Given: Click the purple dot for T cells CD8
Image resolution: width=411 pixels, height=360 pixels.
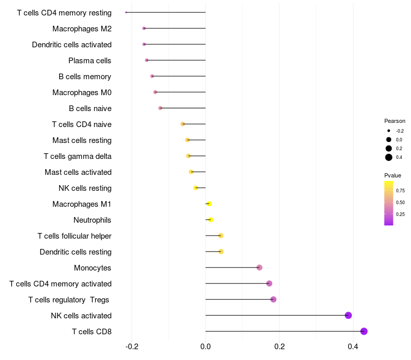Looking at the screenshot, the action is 364,331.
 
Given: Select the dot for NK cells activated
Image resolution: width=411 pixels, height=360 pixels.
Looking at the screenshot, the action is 348,315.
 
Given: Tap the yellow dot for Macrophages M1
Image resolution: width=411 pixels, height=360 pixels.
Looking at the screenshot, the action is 209,204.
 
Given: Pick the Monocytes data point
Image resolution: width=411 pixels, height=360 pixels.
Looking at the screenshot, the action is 259,267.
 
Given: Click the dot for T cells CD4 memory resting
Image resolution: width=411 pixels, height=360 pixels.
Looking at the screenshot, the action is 126,12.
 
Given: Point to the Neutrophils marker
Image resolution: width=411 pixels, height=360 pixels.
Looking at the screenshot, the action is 211,220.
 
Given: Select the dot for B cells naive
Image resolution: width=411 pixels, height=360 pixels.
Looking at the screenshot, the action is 160,108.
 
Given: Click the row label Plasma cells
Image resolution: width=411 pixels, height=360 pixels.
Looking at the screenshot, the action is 89,61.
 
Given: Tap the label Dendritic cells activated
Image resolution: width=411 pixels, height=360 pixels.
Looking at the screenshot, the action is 71,45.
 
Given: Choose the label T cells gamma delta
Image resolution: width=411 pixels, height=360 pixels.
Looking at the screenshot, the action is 78,156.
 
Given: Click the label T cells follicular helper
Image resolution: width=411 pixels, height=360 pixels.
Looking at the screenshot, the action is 74,236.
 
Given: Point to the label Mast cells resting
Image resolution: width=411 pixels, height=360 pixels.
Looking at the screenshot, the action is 82,140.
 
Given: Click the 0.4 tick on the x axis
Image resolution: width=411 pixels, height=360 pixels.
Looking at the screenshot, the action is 353,347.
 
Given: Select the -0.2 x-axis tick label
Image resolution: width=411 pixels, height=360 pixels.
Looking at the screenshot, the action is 132,347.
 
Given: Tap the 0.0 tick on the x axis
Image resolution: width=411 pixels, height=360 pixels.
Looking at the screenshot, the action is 206,347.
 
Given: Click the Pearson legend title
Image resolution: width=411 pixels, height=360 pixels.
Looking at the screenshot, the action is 395,121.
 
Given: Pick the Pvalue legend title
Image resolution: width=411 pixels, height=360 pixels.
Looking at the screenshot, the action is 393,175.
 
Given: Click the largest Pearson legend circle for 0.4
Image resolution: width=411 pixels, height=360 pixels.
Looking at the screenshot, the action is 389,157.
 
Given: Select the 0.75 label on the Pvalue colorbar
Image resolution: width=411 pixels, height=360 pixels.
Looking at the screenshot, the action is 400,191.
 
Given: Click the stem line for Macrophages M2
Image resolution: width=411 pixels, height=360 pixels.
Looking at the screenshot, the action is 175,28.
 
